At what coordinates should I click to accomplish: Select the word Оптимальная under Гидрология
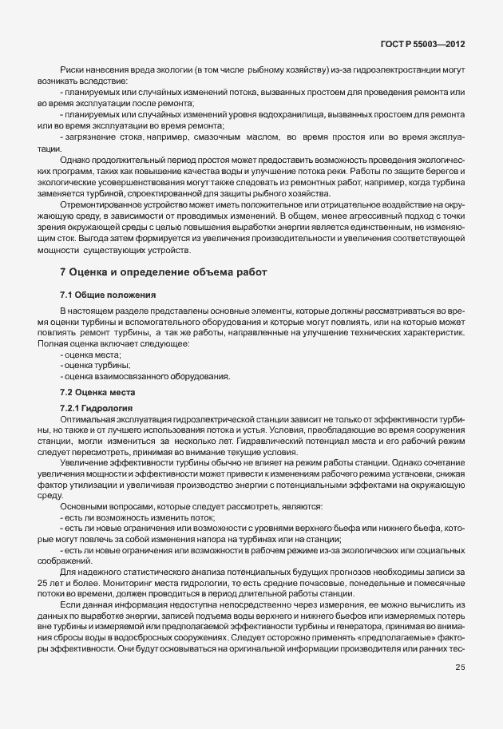pos(89,418)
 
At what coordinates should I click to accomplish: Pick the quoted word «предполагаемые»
pos(414,628)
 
